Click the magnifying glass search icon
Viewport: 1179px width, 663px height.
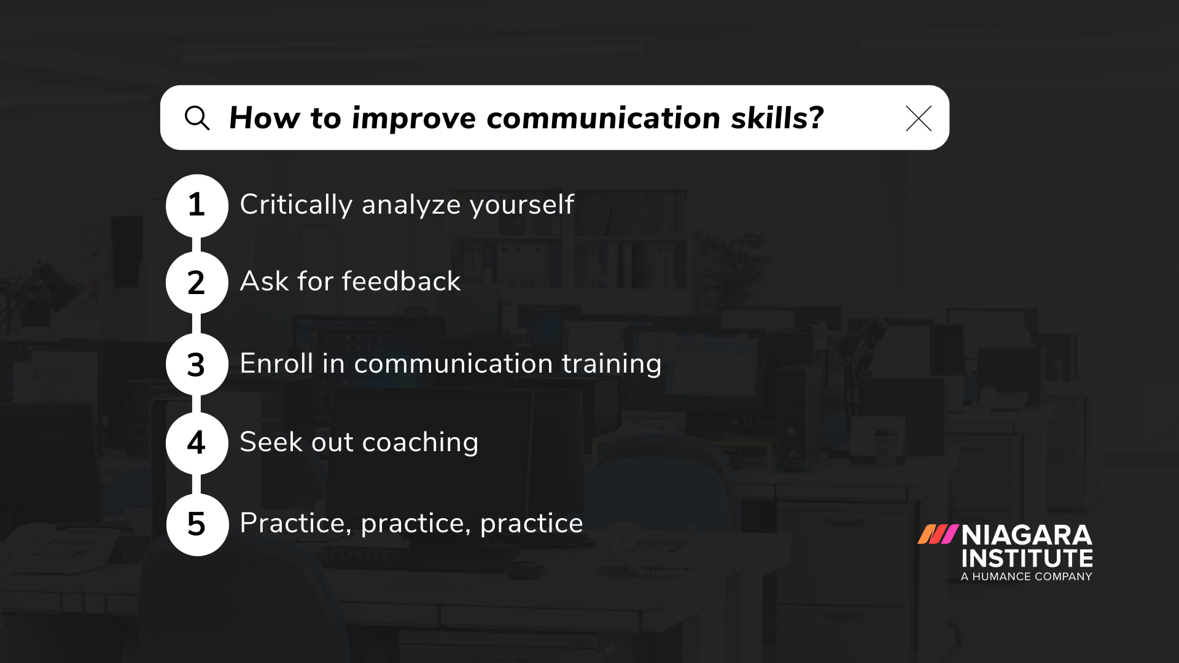tap(197, 118)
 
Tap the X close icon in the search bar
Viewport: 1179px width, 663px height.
tap(918, 118)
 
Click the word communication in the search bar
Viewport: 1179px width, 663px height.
tap(603, 118)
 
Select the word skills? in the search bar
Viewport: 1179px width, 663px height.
tap(777, 118)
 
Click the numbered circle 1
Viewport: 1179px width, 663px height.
tap(196, 205)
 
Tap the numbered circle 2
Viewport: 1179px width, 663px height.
tap(196, 282)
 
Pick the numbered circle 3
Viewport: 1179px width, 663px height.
tap(196, 365)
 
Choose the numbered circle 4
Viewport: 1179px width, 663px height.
tap(196, 443)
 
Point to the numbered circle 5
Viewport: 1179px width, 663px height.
tap(196, 524)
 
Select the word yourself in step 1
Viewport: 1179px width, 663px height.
tap(522, 205)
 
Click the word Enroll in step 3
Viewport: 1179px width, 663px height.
tap(276, 363)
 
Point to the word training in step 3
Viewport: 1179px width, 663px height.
tap(612, 363)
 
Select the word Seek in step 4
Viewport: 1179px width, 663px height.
tap(271, 442)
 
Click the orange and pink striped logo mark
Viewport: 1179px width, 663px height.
tap(938, 535)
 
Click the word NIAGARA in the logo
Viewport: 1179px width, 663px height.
tap(1027, 535)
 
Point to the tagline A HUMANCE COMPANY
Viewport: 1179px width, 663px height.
tap(1026, 576)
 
